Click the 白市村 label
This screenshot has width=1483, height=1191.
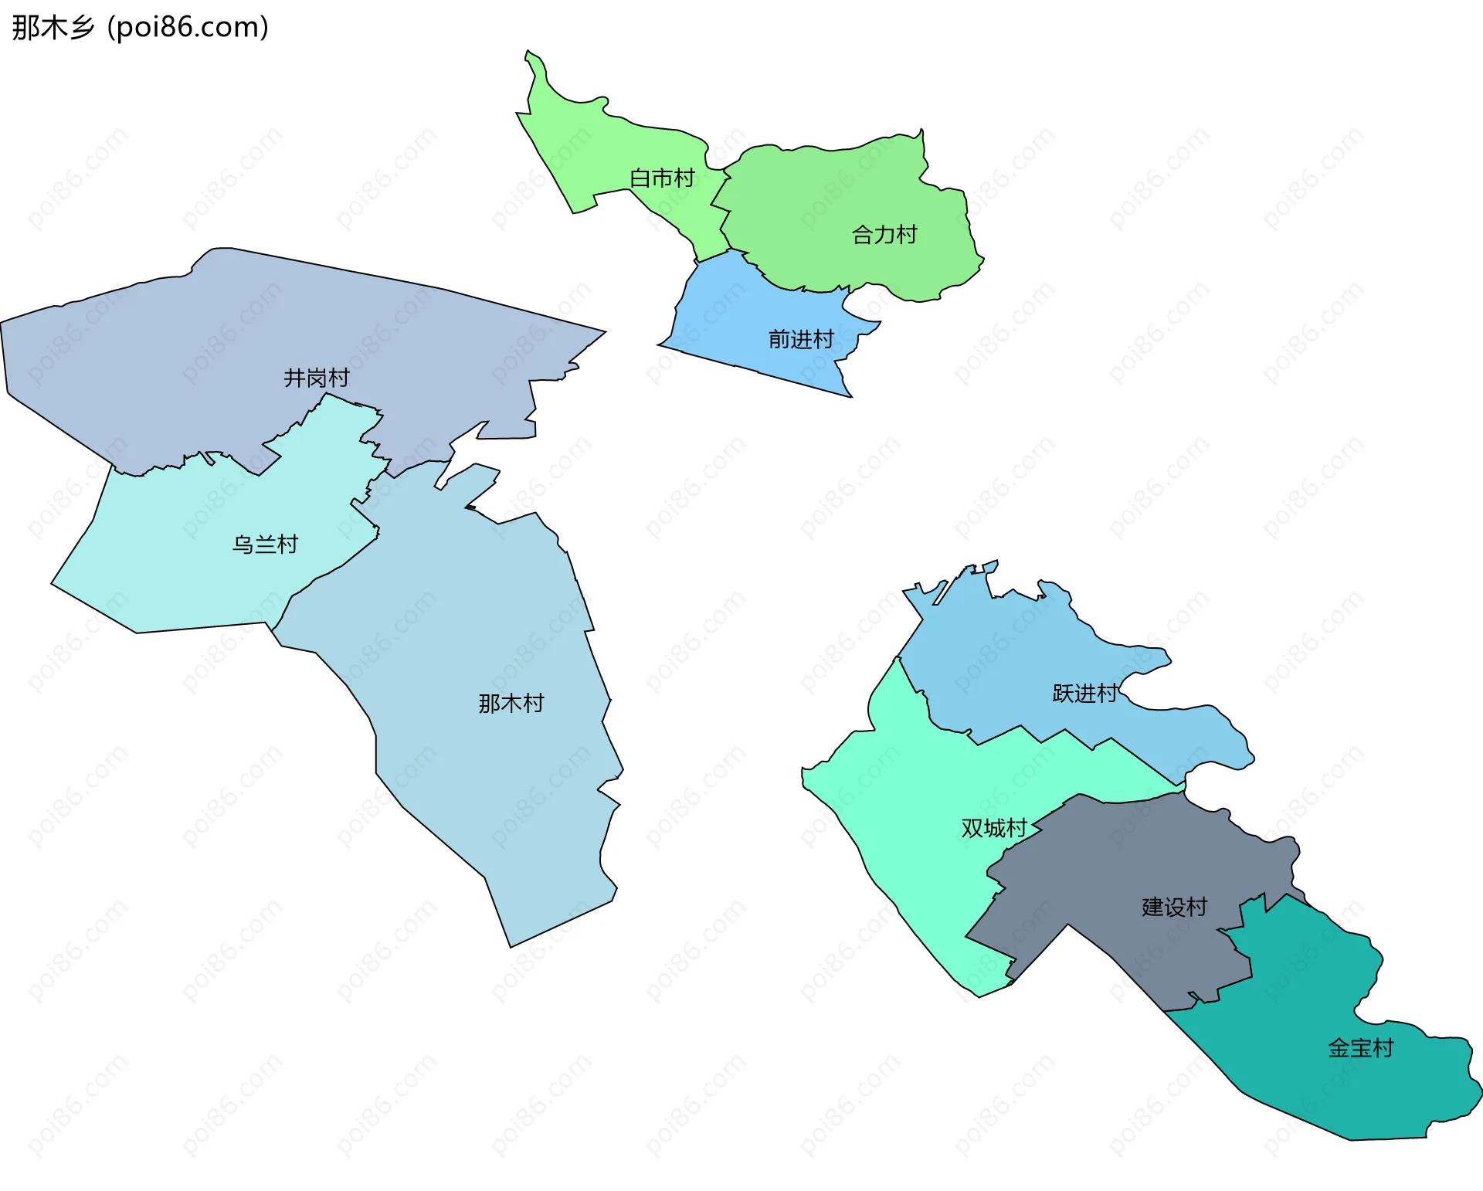click(x=662, y=178)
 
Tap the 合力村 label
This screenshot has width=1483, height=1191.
click(x=884, y=235)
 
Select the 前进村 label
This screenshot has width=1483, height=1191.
click(x=800, y=339)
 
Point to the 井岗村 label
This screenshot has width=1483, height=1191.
click(x=316, y=378)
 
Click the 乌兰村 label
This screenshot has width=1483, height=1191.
click(x=265, y=545)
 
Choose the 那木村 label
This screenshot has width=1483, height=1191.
click(x=511, y=703)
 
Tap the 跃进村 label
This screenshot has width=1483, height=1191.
click(x=1084, y=694)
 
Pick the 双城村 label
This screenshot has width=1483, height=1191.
click(x=993, y=828)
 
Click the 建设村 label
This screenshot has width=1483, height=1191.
click(x=1174, y=907)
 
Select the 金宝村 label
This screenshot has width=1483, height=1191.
click(x=1360, y=1048)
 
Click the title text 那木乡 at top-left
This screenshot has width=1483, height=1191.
click(x=53, y=28)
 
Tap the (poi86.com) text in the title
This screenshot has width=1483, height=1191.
click(x=188, y=28)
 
